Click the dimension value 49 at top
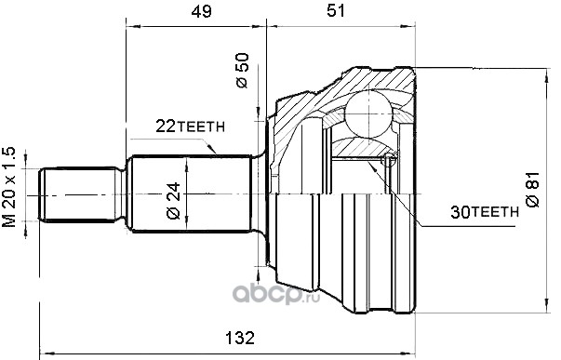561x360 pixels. (202, 11)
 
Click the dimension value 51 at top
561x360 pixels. (336, 11)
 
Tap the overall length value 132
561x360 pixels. (240, 338)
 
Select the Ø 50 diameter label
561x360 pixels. (242, 71)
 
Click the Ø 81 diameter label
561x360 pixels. (532, 189)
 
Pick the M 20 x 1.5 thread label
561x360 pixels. (9, 187)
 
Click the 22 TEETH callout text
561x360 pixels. (190, 126)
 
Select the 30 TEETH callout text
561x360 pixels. (485, 213)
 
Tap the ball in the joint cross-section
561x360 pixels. (368, 113)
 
